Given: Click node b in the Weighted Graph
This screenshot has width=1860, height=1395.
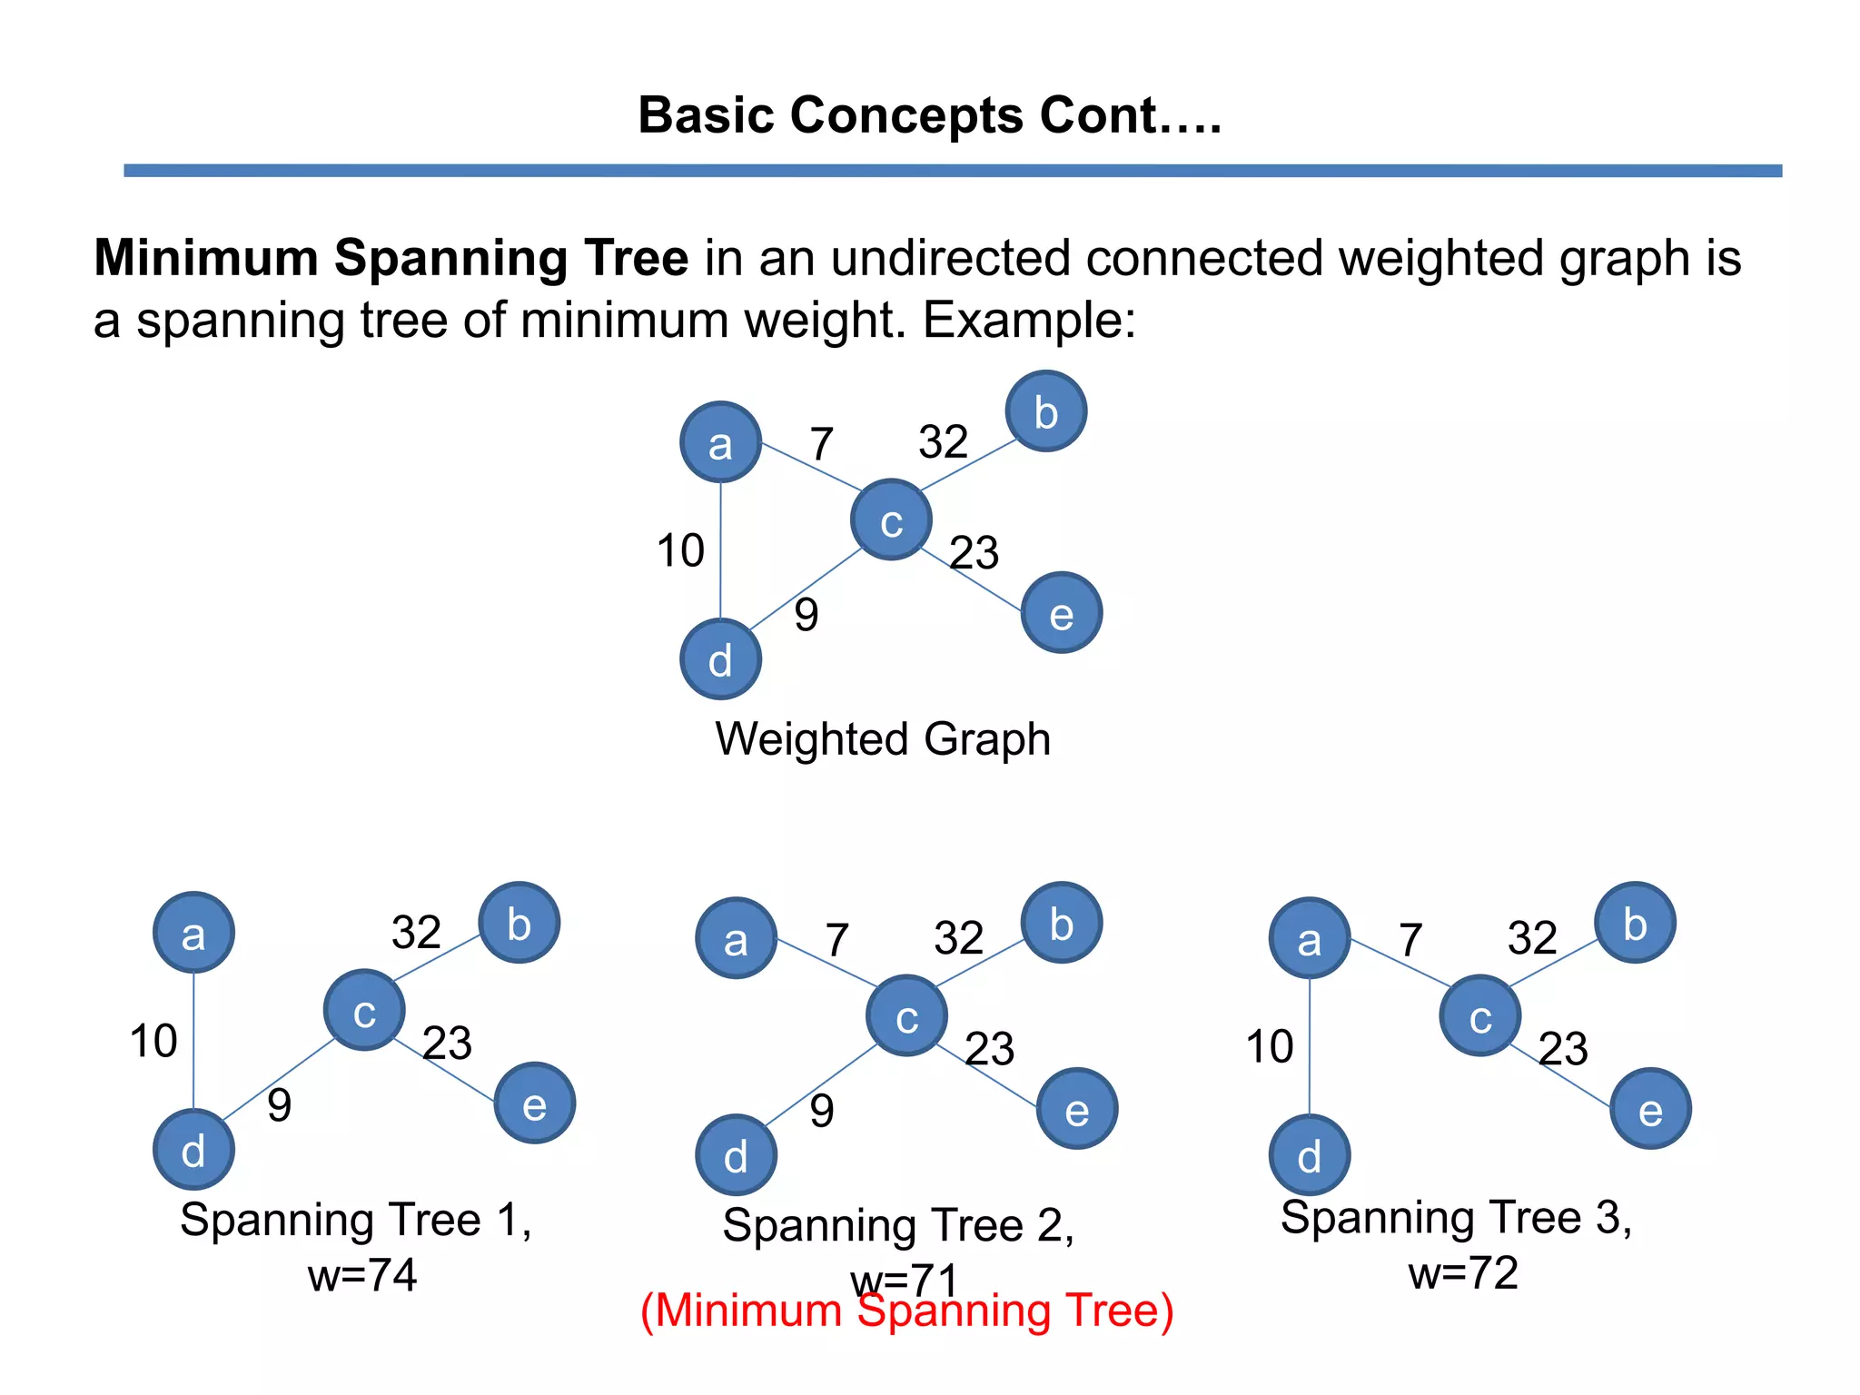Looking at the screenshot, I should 1045,411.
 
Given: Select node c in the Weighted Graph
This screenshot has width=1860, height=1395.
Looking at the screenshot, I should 891,519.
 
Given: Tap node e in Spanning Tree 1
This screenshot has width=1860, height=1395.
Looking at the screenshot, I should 534,1103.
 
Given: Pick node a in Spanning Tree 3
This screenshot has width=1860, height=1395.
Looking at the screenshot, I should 1309,938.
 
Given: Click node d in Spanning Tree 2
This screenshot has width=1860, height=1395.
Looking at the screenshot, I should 736,1154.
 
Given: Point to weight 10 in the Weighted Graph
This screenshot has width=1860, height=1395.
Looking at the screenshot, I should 680,550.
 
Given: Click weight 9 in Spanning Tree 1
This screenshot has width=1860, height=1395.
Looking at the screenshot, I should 279,1105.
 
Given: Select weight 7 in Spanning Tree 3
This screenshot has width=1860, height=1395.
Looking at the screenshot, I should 1410,939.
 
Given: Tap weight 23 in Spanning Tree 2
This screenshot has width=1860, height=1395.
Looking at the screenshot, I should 989,1048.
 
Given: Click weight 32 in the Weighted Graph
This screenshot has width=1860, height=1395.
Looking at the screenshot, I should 943,442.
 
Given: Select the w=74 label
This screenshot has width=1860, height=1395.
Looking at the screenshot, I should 362,1275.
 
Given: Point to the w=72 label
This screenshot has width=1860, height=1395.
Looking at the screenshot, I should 1463,1272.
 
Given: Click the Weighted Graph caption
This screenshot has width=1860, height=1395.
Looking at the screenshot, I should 883,738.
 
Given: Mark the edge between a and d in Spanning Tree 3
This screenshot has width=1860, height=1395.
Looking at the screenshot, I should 1310,1044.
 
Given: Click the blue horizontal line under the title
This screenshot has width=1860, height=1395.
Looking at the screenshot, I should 953,171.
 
